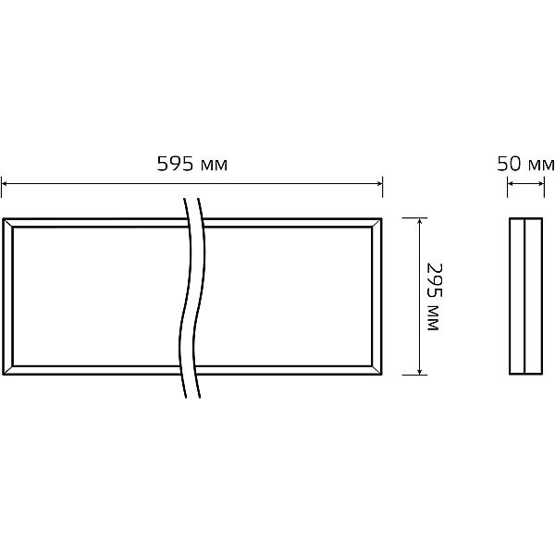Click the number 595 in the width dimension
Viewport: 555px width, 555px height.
tap(175, 164)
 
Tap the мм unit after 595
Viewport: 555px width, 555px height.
tap(214, 166)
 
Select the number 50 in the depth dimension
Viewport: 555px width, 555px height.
tap(509, 164)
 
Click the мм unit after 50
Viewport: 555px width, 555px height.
tap(541, 166)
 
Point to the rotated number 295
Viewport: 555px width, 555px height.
tap(435, 280)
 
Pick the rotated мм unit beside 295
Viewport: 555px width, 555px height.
tap(433, 317)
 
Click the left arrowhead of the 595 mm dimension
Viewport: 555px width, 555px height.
tap(4, 183)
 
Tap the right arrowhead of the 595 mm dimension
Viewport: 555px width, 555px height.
tap(380, 183)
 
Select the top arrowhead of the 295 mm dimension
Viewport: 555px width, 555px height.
tap(419, 221)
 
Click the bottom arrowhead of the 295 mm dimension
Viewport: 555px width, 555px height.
tap(419, 371)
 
